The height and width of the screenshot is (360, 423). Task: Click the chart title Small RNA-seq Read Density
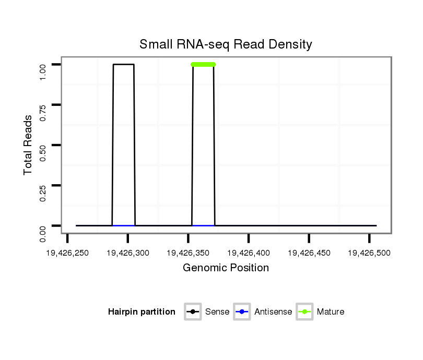pos(226,44)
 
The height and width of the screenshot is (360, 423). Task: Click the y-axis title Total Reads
pos(29,145)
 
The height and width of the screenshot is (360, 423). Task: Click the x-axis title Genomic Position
pos(226,268)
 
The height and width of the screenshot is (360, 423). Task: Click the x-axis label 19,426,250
pos(67,253)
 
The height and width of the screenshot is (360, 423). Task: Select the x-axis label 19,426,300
pos(128,253)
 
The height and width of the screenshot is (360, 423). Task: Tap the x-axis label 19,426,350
pos(188,253)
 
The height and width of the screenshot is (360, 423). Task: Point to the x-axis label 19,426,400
pos(249,253)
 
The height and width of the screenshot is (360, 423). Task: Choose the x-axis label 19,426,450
pos(309,253)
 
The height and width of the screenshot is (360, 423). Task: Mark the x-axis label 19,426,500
pos(369,253)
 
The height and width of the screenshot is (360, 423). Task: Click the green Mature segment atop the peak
pos(203,64)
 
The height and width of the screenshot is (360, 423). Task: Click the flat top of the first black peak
pos(124,64)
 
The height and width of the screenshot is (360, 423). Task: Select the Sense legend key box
pos(193,312)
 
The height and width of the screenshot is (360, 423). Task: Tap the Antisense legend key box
pos(242,312)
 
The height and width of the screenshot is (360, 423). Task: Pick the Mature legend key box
pos(304,312)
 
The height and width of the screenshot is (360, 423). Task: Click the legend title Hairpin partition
pos(142,312)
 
